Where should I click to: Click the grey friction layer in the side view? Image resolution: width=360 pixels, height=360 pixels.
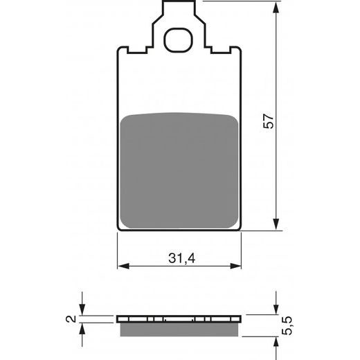click(180, 326)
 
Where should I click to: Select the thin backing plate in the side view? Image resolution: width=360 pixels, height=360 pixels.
click(180, 319)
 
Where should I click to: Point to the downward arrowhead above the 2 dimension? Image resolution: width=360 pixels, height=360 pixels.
click(82, 312)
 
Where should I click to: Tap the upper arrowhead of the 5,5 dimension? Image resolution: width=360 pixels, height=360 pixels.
click(276, 310)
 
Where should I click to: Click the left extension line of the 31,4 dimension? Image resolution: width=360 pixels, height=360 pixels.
click(117, 249)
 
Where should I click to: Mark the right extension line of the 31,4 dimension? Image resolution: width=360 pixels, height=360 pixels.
click(243, 249)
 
